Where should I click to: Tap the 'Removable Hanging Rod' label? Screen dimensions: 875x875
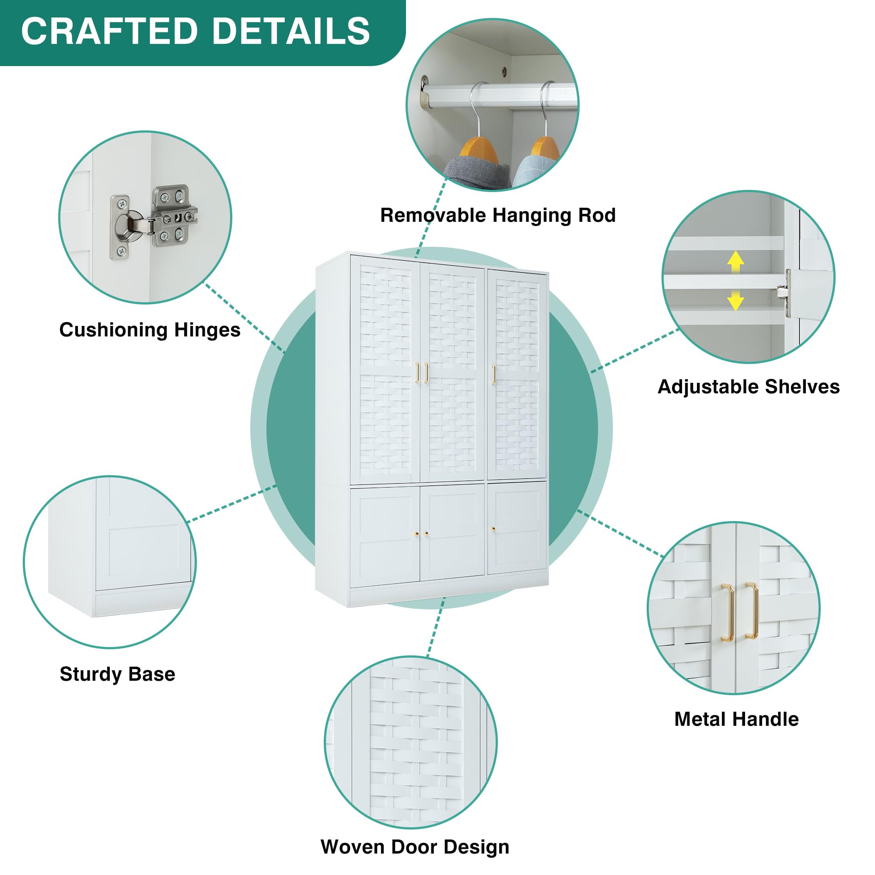click(498, 215)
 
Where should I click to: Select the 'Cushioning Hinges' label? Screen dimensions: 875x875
click(150, 330)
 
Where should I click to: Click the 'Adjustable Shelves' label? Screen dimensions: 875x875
click(748, 387)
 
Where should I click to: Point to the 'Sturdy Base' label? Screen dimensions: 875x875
click(117, 674)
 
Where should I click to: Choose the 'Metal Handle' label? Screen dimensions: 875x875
click(736, 719)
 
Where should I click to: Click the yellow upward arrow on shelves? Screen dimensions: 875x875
click(735, 261)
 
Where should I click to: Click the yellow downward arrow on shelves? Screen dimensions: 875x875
click(735, 301)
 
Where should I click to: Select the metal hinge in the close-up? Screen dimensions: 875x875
click(154, 220)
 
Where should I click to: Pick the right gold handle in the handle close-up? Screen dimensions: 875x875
click(752, 610)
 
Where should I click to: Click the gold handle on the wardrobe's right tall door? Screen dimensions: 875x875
click(493, 374)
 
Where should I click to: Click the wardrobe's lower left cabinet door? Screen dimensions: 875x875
click(385, 535)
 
